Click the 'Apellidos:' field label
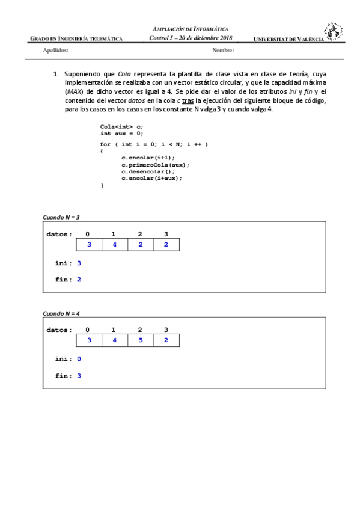56,51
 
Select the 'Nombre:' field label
223,51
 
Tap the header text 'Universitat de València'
288,39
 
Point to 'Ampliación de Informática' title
191,29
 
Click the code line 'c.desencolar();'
148,171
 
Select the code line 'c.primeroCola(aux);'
155,164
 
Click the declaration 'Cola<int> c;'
122,126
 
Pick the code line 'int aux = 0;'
122,134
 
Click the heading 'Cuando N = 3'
61,217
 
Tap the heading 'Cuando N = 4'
61,313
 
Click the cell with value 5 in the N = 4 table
140,340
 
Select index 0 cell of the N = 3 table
89,245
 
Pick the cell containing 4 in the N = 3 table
114,245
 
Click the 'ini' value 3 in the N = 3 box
79,263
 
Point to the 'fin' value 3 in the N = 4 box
79,376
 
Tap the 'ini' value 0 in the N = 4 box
79,359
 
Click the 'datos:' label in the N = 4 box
59,330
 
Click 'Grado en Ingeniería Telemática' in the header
76,39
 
